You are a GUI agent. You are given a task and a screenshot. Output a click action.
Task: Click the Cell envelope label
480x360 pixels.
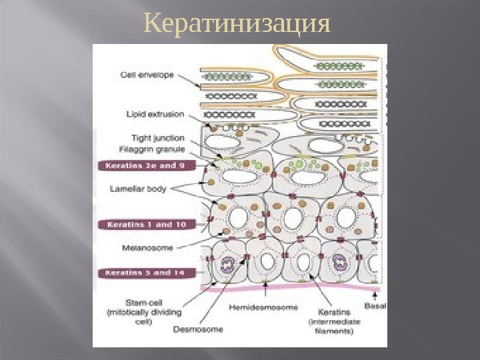(147, 75)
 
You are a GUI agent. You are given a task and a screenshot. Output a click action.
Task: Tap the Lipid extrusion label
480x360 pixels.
(155, 114)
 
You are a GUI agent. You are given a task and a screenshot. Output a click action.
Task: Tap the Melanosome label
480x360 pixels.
(147, 247)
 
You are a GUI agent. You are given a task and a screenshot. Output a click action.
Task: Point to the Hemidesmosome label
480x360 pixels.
(260, 308)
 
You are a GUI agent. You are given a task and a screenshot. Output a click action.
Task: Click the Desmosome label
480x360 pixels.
(194, 328)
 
